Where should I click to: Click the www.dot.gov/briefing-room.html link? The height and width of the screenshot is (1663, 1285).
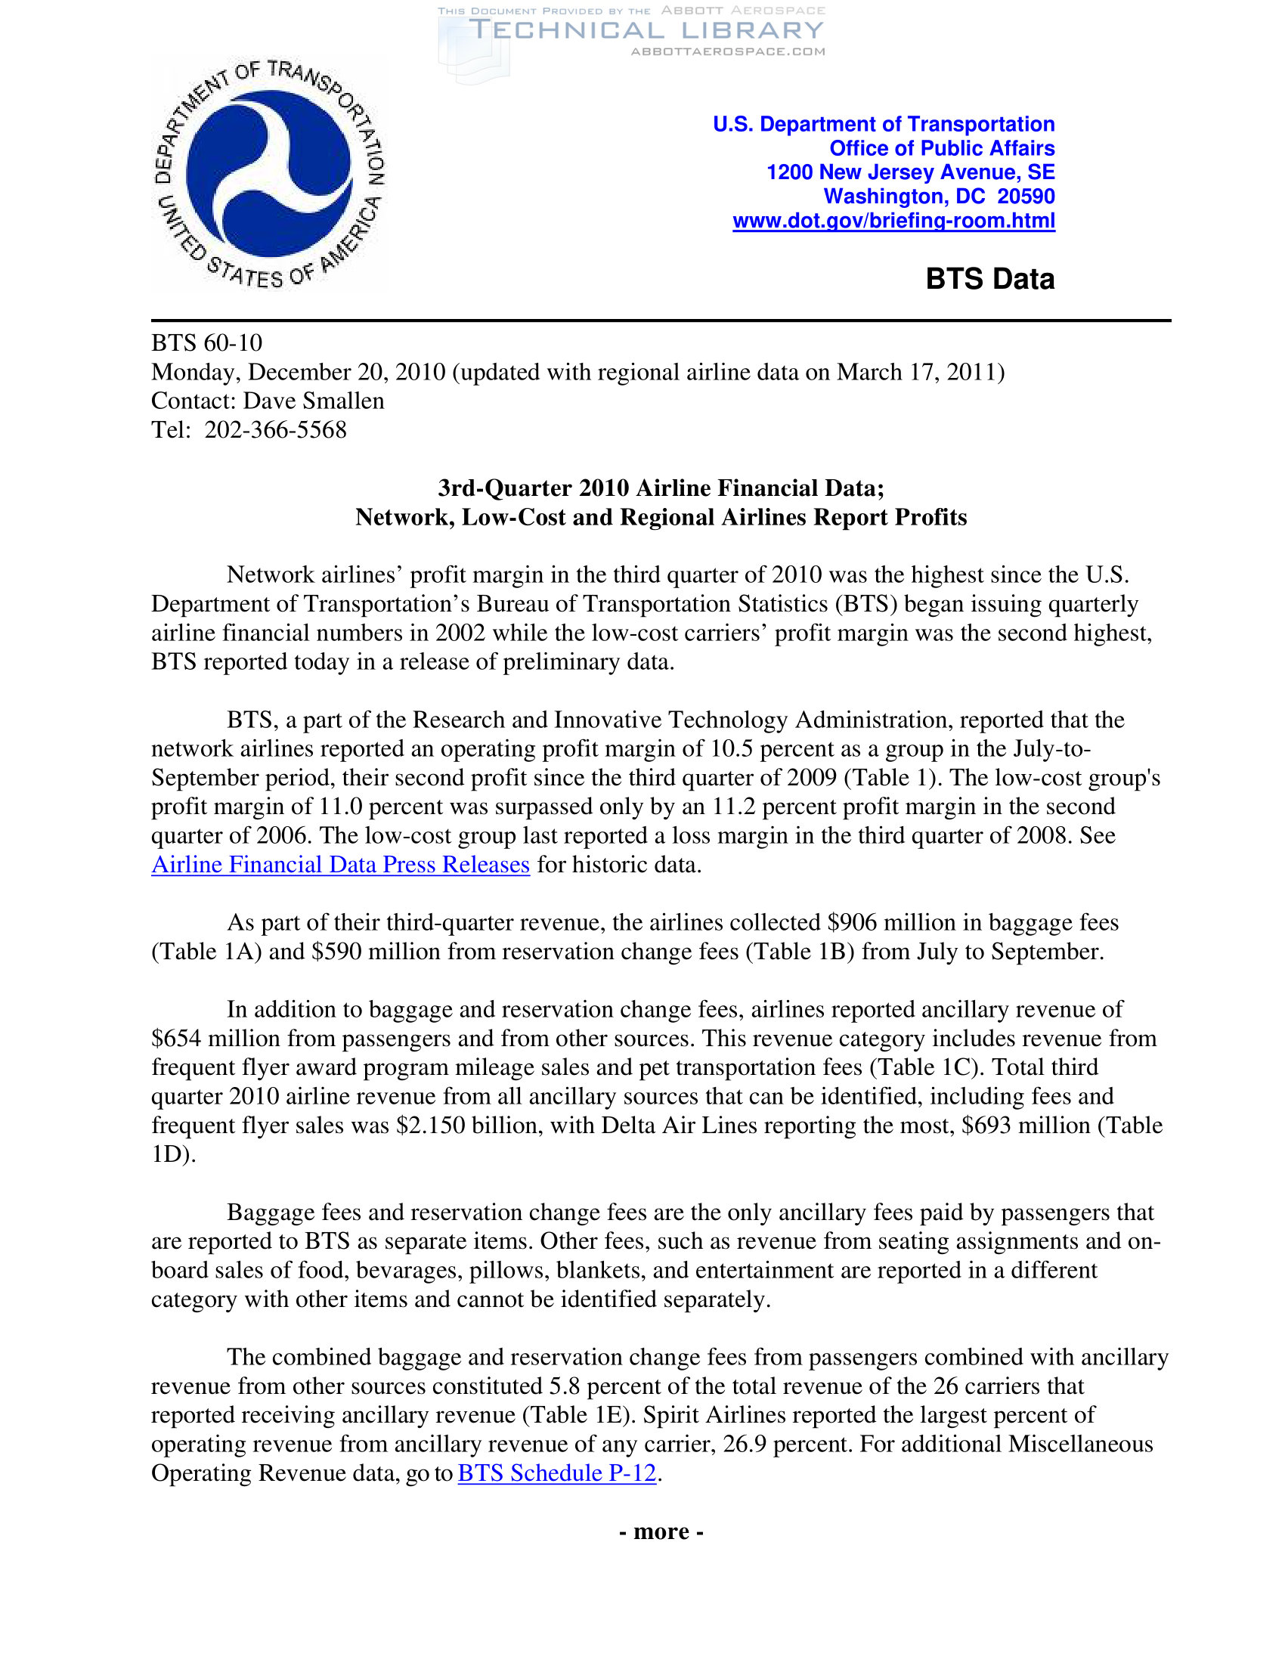pos(893,221)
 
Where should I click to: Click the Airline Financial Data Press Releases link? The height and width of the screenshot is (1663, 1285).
pos(340,864)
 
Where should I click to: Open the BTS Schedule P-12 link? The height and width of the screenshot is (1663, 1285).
pos(556,1473)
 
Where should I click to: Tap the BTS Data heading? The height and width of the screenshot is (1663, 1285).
pos(989,279)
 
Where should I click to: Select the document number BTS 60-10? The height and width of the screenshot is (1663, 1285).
pos(206,342)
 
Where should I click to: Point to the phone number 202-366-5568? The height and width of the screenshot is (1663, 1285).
pos(276,429)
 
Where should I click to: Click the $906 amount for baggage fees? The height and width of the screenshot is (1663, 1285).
pos(853,922)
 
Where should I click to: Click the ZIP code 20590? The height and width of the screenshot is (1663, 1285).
pos(1026,197)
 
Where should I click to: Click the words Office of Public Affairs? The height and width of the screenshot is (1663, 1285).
pos(942,147)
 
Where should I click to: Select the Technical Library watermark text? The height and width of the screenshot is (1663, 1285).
pos(646,30)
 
